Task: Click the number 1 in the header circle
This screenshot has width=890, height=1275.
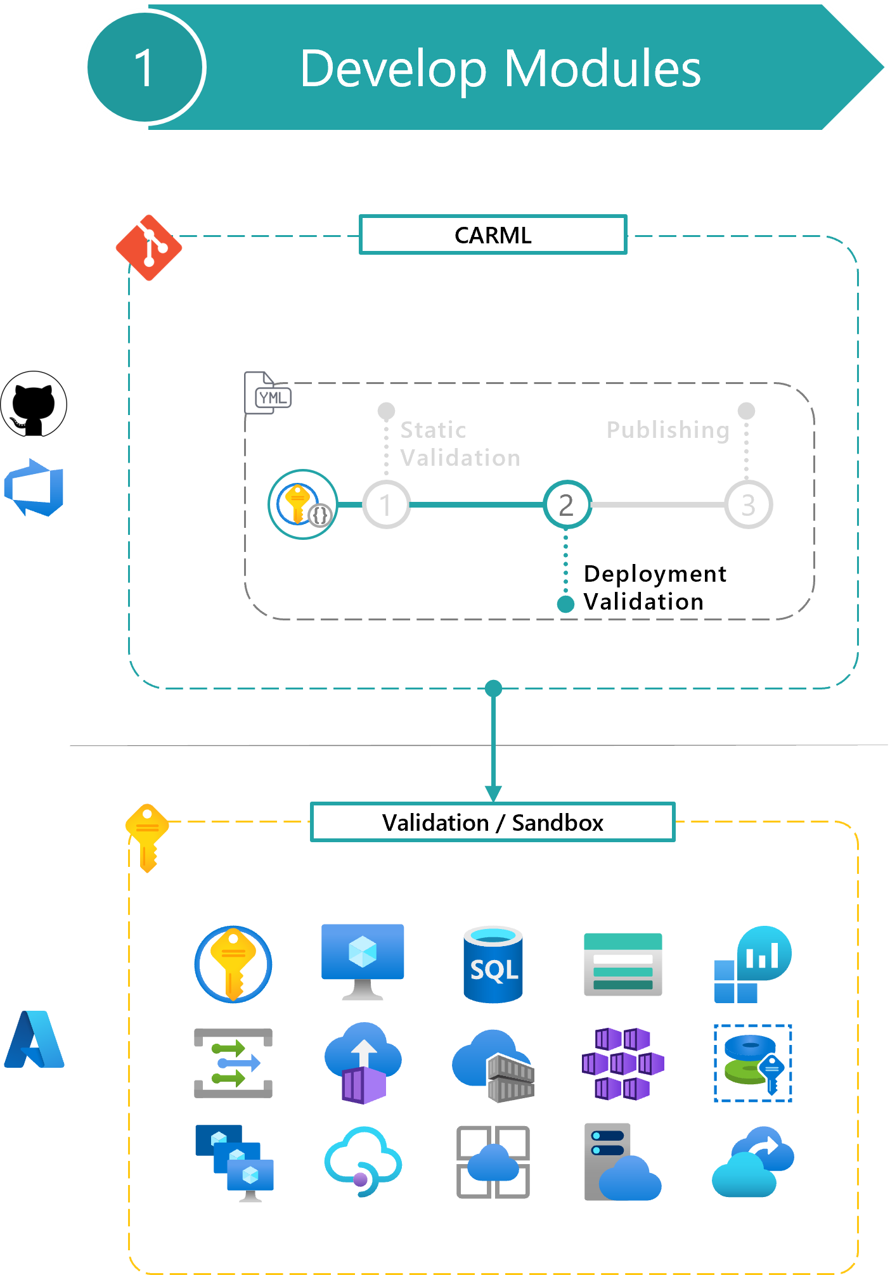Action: [145, 68]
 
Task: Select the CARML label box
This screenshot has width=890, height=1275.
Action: [493, 235]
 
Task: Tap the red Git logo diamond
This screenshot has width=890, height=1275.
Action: [149, 248]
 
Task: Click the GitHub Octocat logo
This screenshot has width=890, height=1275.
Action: [34, 404]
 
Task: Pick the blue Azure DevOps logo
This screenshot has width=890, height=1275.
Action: [35, 488]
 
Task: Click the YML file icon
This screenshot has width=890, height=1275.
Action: [268, 394]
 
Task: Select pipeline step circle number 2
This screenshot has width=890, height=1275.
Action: [567, 505]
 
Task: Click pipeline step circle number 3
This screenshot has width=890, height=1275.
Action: [748, 505]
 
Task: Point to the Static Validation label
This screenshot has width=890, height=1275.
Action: [460, 444]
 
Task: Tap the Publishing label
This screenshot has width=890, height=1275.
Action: [667, 430]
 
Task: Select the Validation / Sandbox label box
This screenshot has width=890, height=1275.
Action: [493, 823]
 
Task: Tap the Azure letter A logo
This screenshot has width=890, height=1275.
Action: [34, 1040]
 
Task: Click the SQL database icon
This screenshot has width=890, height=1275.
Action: [493, 964]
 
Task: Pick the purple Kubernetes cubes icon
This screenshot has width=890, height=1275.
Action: [622, 1063]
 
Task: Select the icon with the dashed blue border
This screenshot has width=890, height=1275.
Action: [752, 1063]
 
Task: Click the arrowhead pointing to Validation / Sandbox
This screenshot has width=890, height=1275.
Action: [493, 794]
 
